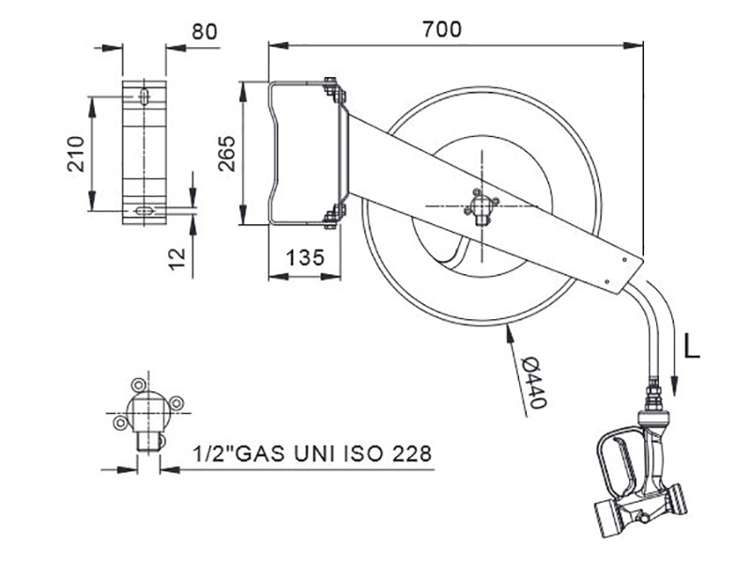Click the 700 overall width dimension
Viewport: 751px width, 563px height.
pyautogui.click(x=442, y=29)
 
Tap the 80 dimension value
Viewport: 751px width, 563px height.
pyautogui.click(x=205, y=32)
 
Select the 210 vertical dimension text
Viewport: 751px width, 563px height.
pyautogui.click(x=76, y=154)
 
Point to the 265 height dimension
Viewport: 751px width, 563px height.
pyautogui.click(x=226, y=154)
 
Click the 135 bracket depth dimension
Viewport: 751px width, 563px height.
pyautogui.click(x=305, y=258)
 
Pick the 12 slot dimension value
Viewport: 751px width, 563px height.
pyautogui.click(x=177, y=259)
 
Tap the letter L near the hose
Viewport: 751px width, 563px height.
pyautogui.click(x=692, y=346)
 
